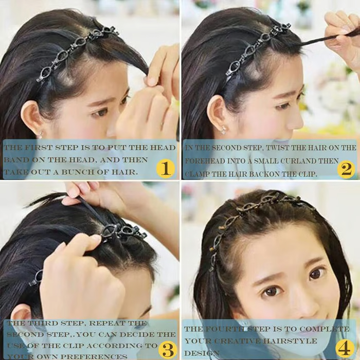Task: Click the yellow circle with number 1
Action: [166, 168]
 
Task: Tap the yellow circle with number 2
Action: [346, 168]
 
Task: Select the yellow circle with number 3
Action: [167, 349]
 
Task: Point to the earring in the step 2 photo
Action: [223, 130]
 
